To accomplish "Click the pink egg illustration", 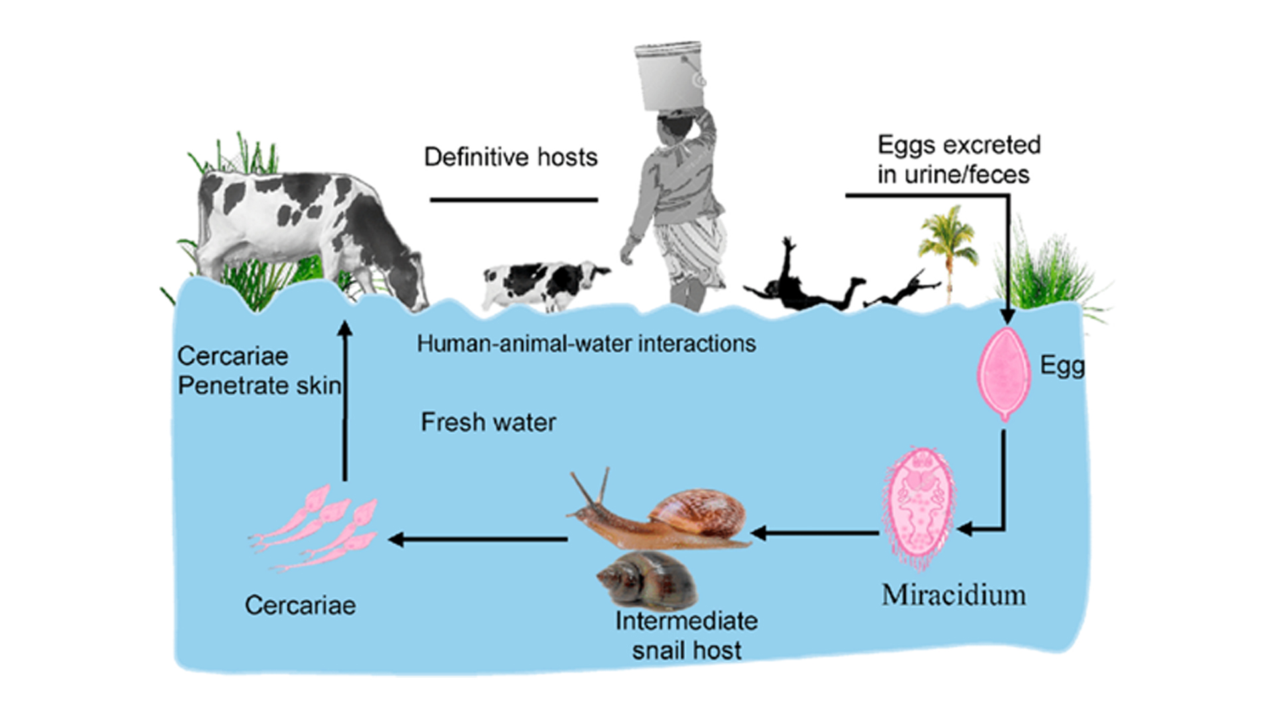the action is click(x=1005, y=374).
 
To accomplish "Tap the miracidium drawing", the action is click(x=918, y=509).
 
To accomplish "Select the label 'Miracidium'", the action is click(x=954, y=595).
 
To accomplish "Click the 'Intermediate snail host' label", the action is click(x=686, y=635).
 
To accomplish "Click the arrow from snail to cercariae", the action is click(x=478, y=539).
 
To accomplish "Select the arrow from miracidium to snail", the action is click(x=815, y=532).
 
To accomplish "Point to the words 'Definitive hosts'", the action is click(x=511, y=157).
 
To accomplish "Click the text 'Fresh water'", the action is click(x=488, y=422).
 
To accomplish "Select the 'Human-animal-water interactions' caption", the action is click(x=587, y=343).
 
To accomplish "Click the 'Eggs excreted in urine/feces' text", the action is click(x=959, y=159).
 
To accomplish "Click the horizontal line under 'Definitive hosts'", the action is click(x=514, y=199).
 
